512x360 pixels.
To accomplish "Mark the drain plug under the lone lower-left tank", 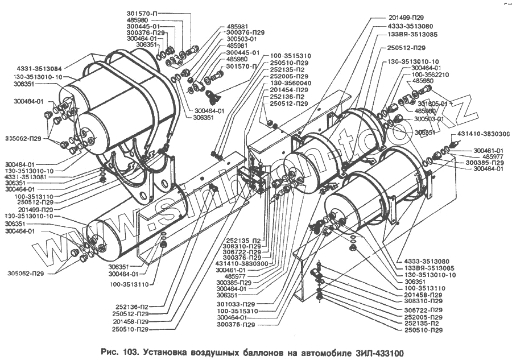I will click(x=163, y=245).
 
